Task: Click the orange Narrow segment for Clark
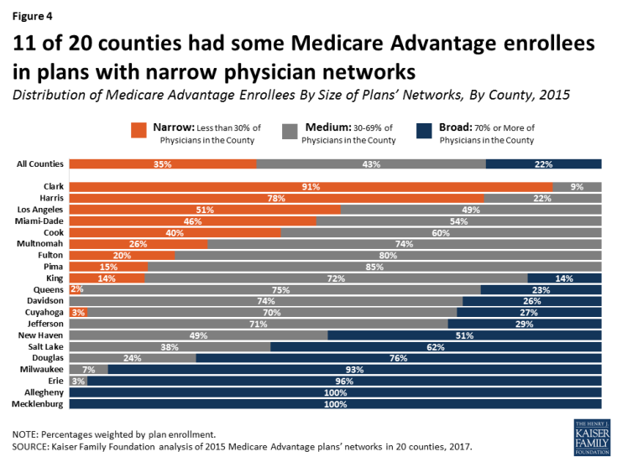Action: click(311, 186)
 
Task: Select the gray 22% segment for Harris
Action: click(542, 198)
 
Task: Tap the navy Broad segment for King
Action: click(564, 278)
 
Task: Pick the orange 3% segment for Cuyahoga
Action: click(78, 312)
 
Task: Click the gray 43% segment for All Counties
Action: click(371, 164)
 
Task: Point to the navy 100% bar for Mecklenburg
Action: click(336, 403)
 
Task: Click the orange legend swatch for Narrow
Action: click(139, 130)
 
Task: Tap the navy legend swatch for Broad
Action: click(426, 130)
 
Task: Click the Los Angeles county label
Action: click(41, 209)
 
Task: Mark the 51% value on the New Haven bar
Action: click(464, 335)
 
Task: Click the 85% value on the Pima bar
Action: click(374, 266)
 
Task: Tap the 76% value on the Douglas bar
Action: click(399, 358)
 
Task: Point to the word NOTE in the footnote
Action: click(28, 434)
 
